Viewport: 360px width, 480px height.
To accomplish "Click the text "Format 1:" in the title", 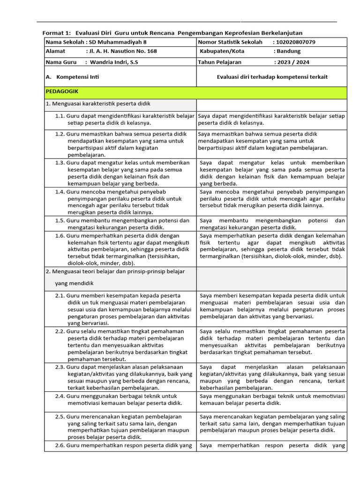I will tap(57, 33).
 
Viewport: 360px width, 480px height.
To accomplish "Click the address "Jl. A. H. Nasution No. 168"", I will tap(122, 52).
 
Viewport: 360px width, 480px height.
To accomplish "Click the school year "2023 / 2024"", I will tap(292, 62).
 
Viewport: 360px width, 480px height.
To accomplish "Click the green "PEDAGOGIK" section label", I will tap(62, 91).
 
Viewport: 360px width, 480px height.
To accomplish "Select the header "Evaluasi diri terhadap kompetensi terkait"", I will tap(272, 77).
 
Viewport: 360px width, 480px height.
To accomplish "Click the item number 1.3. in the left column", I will tap(60, 163).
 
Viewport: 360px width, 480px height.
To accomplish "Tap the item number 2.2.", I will tap(60, 331).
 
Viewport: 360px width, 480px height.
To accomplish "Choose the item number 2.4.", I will tap(60, 396).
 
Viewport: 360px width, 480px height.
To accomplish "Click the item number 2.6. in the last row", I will tap(60, 445).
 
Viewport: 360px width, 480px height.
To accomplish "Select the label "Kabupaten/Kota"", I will tap(221, 52).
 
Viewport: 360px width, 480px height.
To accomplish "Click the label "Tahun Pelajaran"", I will tap(220, 62).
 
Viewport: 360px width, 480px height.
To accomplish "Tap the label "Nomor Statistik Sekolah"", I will tap(230, 42).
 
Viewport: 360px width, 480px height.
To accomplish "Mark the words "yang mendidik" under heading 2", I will tap(74, 284).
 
